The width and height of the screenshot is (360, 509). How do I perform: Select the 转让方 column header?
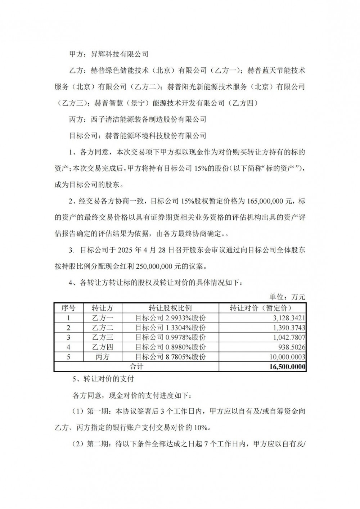[x=102, y=308]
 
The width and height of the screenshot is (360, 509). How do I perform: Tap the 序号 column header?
[x=68, y=308]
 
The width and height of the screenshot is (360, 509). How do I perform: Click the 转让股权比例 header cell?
[x=170, y=308]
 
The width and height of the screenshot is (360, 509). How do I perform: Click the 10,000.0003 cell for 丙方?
[x=286, y=357]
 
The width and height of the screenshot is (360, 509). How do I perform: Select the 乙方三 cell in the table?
[x=102, y=337]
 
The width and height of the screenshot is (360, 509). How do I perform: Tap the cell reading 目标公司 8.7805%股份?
[x=170, y=357]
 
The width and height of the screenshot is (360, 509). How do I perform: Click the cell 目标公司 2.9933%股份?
[x=170, y=318]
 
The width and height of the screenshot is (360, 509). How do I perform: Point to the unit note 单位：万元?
[x=287, y=297]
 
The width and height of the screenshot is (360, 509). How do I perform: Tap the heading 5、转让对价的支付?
[x=103, y=379]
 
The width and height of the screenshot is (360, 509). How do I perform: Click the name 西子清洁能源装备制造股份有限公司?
[x=156, y=119]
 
